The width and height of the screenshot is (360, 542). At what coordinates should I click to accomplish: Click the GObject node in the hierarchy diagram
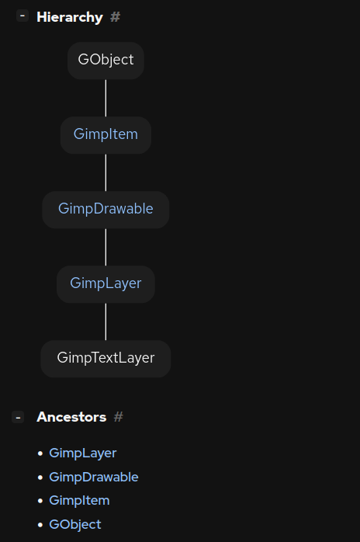tap(106, 60)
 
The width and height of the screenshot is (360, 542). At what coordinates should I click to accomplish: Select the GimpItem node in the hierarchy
tap(106, 134)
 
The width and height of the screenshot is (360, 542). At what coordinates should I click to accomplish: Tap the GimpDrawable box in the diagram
tap(106, 209)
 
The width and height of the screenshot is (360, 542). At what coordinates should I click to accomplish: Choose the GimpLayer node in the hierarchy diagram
tap(106, 283)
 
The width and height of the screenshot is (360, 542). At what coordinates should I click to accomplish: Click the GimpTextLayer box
tap(106, 358)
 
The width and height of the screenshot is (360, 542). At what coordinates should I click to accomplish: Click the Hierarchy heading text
tap(69, 16)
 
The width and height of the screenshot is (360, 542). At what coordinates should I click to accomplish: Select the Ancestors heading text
tap(71, 417)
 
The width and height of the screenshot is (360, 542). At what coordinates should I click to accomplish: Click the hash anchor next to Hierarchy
tap(116, 16)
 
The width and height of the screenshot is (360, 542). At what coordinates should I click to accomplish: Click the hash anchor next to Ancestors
tap(119, 417)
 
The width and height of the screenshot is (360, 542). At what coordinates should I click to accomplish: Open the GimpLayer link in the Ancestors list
tap(82, 453)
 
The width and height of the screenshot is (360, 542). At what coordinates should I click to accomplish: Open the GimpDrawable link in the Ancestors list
tap(93, 477)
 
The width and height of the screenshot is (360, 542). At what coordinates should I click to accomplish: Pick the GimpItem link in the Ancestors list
tap(79, 500)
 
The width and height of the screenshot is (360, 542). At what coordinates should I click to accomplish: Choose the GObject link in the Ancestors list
tap(74, 524)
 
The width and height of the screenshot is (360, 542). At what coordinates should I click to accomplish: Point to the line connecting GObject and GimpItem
tap(106, 98)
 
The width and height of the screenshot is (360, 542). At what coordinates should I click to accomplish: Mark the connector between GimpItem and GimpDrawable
tap(106, 172)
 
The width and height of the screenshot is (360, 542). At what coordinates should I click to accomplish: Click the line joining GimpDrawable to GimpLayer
tap(106, 247)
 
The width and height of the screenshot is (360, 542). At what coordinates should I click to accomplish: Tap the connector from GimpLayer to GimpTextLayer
tap(106, 321)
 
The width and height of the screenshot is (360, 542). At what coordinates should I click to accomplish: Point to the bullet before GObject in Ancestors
tap(40, 525)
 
